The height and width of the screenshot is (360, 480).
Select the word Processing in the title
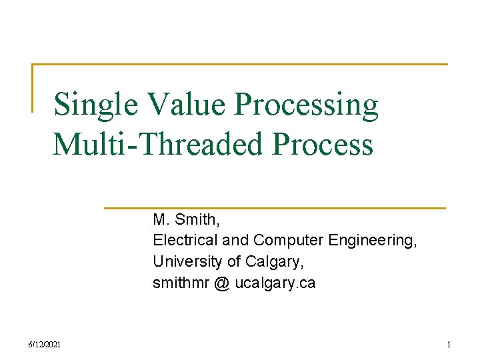pos(307,105)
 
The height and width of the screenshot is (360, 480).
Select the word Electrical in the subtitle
pos(179,240)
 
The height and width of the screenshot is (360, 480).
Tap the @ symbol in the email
pos(222,283)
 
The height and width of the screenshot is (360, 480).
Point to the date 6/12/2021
pos(45,344)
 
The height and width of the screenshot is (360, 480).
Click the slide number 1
pos(449,344)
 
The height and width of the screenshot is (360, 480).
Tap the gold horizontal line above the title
pos(240,64)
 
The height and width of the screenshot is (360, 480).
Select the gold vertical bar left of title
pos(33,87)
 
